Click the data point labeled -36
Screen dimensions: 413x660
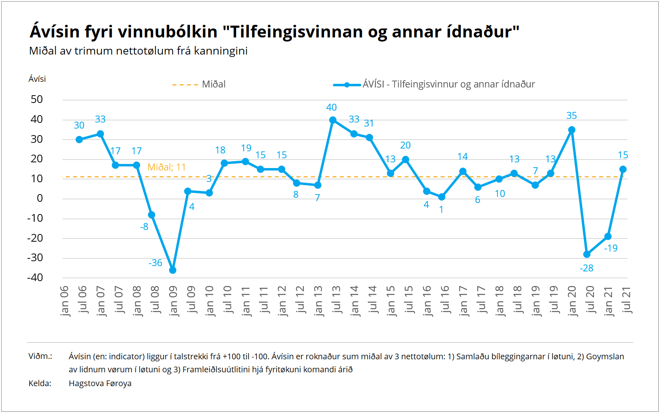point(173,270)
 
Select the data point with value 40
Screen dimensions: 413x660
point(333,120)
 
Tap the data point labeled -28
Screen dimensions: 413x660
point(587,254)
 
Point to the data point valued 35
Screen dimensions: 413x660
point(572,130)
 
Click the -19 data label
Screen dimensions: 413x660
point(611,248)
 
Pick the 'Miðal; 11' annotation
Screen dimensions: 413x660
point(167,167)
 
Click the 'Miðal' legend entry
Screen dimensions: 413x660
point(213,84)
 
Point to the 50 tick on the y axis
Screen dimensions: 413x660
point(37,99)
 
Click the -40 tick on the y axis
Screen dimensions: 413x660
point(35,278)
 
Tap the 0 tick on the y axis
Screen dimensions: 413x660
point(40,198)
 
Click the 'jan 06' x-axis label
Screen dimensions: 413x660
point(65,301)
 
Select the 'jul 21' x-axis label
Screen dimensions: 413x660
point(627,300)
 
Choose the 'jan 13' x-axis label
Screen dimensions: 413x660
point(318,301)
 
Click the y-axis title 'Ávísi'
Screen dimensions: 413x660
point(37,79)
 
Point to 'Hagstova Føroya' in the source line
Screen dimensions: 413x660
point(100,383)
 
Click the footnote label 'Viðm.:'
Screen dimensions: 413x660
point(40,356)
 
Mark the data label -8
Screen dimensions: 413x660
point(144,227)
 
